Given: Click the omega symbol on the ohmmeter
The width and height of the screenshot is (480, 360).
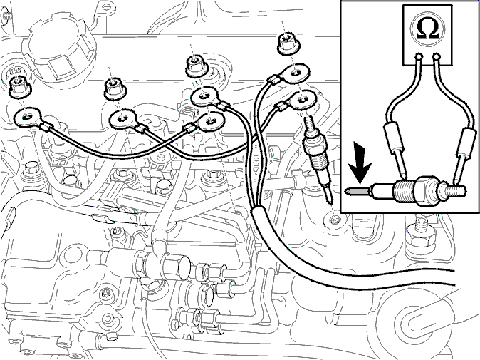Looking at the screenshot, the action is (427, 30).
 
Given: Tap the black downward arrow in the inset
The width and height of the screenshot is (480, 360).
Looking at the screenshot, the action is (360, 164).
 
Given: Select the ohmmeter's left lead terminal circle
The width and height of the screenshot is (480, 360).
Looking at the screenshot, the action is (418, 57).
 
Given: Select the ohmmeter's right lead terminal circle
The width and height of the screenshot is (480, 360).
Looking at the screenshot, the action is (437, 57).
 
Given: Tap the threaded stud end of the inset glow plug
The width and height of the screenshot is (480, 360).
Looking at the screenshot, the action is (457, 191).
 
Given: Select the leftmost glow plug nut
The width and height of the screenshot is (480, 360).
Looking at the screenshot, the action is (20, 86).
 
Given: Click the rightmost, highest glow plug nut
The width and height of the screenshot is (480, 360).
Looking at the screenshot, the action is (286, 43).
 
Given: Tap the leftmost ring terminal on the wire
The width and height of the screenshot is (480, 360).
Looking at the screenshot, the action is (27, 118).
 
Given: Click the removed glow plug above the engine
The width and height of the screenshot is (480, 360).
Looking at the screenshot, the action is (318, 159).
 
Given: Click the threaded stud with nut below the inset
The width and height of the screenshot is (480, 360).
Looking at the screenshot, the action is (419, 235).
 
